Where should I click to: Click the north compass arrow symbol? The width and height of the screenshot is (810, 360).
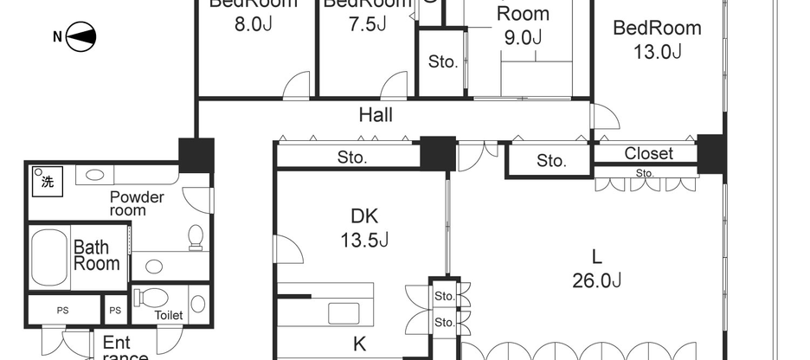(x=80, y=36)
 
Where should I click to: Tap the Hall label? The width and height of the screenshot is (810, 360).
(x=376, y=114)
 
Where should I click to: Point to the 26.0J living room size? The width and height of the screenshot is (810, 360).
(x=596, y=267)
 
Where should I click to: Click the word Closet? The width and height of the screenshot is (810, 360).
(x=648, y=153)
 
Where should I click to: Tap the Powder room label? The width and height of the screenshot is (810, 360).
(x=137, y=203)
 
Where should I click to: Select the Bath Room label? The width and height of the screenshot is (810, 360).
(x=96, y=255)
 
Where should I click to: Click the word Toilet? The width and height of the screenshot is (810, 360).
(x=169, y=315)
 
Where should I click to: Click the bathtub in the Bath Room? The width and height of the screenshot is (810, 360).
(x=50, y=256)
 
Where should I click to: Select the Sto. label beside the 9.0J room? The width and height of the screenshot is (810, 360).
(x=443, y=61)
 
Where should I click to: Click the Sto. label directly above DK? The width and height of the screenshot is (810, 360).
(x=351, y=158)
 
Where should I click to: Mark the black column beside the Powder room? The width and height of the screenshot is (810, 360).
(x=196, y=155)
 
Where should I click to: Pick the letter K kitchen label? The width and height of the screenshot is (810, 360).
(x=359, y=344)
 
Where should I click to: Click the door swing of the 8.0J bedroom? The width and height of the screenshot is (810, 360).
(x=297, y=84)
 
